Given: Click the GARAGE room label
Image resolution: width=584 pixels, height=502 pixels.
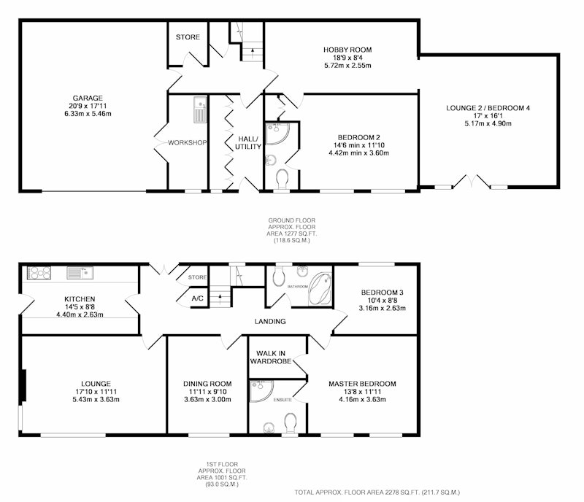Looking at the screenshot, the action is click(x=88, y=99).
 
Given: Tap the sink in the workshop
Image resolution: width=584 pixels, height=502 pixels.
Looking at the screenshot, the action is click(x=200, y=110).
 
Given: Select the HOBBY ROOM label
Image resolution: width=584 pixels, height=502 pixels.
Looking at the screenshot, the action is click(x=347, y=50).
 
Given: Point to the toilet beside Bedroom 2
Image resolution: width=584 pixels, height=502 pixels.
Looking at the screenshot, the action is click(x=283, y=179).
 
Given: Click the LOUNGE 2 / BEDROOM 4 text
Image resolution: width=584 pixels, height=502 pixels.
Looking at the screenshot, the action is click(x=488, y=108).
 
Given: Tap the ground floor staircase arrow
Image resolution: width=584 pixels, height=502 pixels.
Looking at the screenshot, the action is click(x=253, y=52).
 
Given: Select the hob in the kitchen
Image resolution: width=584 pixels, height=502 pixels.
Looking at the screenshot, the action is click(x=39, y=273).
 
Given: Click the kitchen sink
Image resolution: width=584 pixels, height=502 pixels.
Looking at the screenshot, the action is click(x=80, y=273).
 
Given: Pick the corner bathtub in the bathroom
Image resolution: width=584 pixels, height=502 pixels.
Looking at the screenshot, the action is click(x=320, y=290).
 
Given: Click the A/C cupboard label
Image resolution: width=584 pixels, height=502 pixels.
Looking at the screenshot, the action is click(x=197, y=298).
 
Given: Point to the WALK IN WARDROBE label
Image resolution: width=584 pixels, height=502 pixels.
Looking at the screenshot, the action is click(x=271, y=357).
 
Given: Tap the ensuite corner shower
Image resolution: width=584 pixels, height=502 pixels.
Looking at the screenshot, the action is click(x=261, y=391).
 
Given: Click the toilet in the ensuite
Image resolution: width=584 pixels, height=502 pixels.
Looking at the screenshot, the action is click(x=290, y=422).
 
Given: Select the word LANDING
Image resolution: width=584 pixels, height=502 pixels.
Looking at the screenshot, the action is click(x=270, y=321).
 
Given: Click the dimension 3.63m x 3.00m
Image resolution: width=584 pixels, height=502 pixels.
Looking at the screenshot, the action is click(x=207, y=400).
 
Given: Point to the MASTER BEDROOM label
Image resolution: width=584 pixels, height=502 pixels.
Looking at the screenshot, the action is click(x=362, y=384).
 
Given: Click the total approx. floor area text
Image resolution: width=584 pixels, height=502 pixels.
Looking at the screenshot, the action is click(x=377, y=493).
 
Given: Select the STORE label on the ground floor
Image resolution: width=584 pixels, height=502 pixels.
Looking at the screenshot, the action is click(x=188, y=37).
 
